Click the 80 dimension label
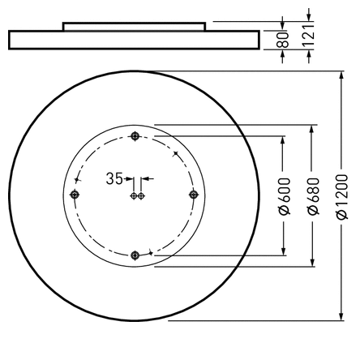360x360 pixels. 284,40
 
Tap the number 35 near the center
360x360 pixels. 115,178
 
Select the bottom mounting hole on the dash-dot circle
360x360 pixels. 135,255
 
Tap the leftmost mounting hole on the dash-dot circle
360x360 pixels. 75,195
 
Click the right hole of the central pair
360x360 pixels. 140,195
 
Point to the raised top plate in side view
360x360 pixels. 134,27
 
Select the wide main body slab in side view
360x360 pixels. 134,41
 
